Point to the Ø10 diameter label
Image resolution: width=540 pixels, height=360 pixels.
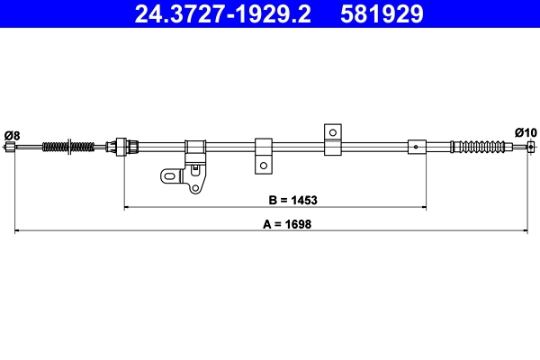pyautogui.click(x=526, y=132)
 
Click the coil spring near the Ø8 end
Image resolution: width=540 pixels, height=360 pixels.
pyautogui.click(x=67, y=146)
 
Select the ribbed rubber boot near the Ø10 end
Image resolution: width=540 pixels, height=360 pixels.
pyautogui.click(x=487, y=145)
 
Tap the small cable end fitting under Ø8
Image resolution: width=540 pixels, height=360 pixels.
pyautogui.click(x=10, y=147)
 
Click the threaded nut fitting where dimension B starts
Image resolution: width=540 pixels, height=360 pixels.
pyautogui.click(x=123, y=145)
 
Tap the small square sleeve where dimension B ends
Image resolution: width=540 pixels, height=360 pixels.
pyautogui.click(x=417, y=146)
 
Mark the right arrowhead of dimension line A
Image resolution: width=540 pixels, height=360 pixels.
pyautogui.click(x=525, y=231)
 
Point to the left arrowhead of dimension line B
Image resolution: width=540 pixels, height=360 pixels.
pyautogui.click(x=127, y=207)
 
